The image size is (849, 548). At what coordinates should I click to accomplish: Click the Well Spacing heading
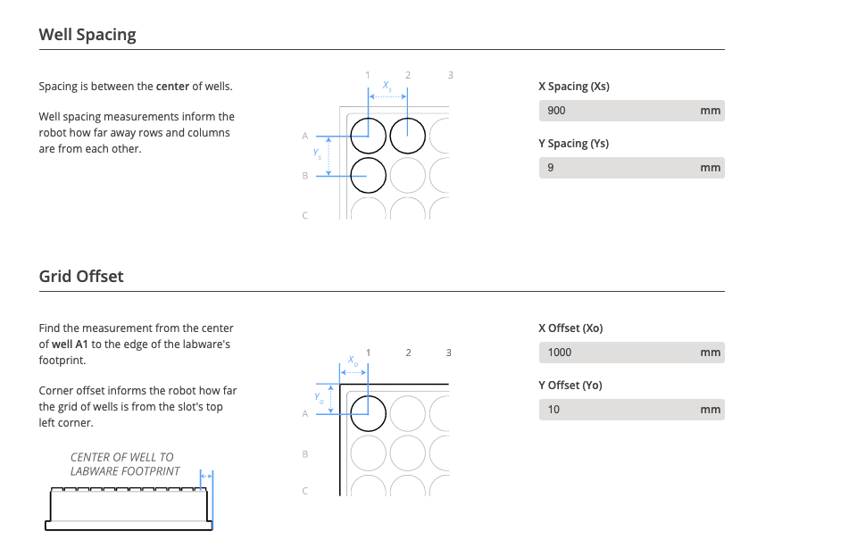[87, 35]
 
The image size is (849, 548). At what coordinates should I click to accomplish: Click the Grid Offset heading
[81, 277]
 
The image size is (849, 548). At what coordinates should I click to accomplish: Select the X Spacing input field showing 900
[616, 111]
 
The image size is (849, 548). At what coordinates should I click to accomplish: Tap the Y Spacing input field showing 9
[616, 168]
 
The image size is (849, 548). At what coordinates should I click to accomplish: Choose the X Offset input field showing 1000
[616, 353]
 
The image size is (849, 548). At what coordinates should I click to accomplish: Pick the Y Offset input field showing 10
[616, 410]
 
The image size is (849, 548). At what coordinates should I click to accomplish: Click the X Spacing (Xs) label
[574, 87]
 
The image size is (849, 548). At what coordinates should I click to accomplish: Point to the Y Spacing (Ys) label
[573, 144]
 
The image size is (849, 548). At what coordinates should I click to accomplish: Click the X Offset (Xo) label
[570, 328]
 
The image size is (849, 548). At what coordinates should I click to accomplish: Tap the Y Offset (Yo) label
[570, 386]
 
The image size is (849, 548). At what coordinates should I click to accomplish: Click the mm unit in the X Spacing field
[710, 111]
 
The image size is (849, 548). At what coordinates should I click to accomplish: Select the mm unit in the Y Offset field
[710, 410]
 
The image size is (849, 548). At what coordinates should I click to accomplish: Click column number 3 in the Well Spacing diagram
[450, 75]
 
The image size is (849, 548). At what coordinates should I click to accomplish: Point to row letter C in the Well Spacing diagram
[304, 215]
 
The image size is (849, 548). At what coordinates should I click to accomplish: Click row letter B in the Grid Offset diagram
[304, 453]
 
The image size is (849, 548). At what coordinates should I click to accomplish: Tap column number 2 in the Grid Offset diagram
[408, 353]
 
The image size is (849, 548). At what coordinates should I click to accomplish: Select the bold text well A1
[75, 345]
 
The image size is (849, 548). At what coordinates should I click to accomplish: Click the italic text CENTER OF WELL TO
[122, 457]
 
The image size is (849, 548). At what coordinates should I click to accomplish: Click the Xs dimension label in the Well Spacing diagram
[387, 86]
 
